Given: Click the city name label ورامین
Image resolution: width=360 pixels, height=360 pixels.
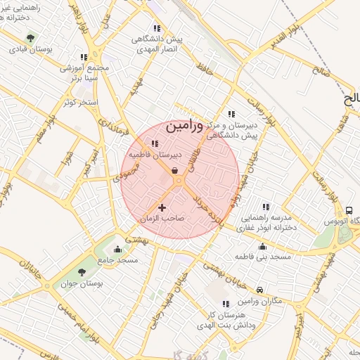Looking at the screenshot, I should click(x=186, y=127).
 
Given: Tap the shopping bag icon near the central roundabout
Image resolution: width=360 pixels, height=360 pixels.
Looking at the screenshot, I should click(x=174, y=171).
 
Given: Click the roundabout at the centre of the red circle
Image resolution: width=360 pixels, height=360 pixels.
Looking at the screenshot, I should click(x=179, y=181).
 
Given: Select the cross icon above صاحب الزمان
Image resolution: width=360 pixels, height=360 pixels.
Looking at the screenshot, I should click(x=162, y=207).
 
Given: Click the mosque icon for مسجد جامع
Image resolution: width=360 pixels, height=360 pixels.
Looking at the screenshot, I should click(x=117, y=248).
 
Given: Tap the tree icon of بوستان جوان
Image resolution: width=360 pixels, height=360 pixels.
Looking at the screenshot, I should click(x=82, y=271).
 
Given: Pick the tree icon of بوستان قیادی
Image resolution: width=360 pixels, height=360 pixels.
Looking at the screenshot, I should click(x=30, y=39).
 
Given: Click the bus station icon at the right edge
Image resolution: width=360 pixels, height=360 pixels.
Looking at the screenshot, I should click(x=349, y=210).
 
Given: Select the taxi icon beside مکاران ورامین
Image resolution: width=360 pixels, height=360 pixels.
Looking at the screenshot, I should click(x=260, y=290).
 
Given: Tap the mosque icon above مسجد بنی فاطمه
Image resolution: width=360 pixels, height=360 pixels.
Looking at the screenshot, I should click(x=263, y=247).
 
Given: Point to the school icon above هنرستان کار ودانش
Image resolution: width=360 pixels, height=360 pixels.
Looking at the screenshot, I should click(x=226, y=304).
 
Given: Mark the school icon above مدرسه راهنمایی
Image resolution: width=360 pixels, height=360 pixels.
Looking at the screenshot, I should click(x=265, y=207).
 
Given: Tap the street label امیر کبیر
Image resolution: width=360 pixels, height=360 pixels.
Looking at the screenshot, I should click(x=89, y=157).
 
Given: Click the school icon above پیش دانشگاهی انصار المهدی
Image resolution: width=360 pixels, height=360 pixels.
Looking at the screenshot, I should click(x=155, y=28).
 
